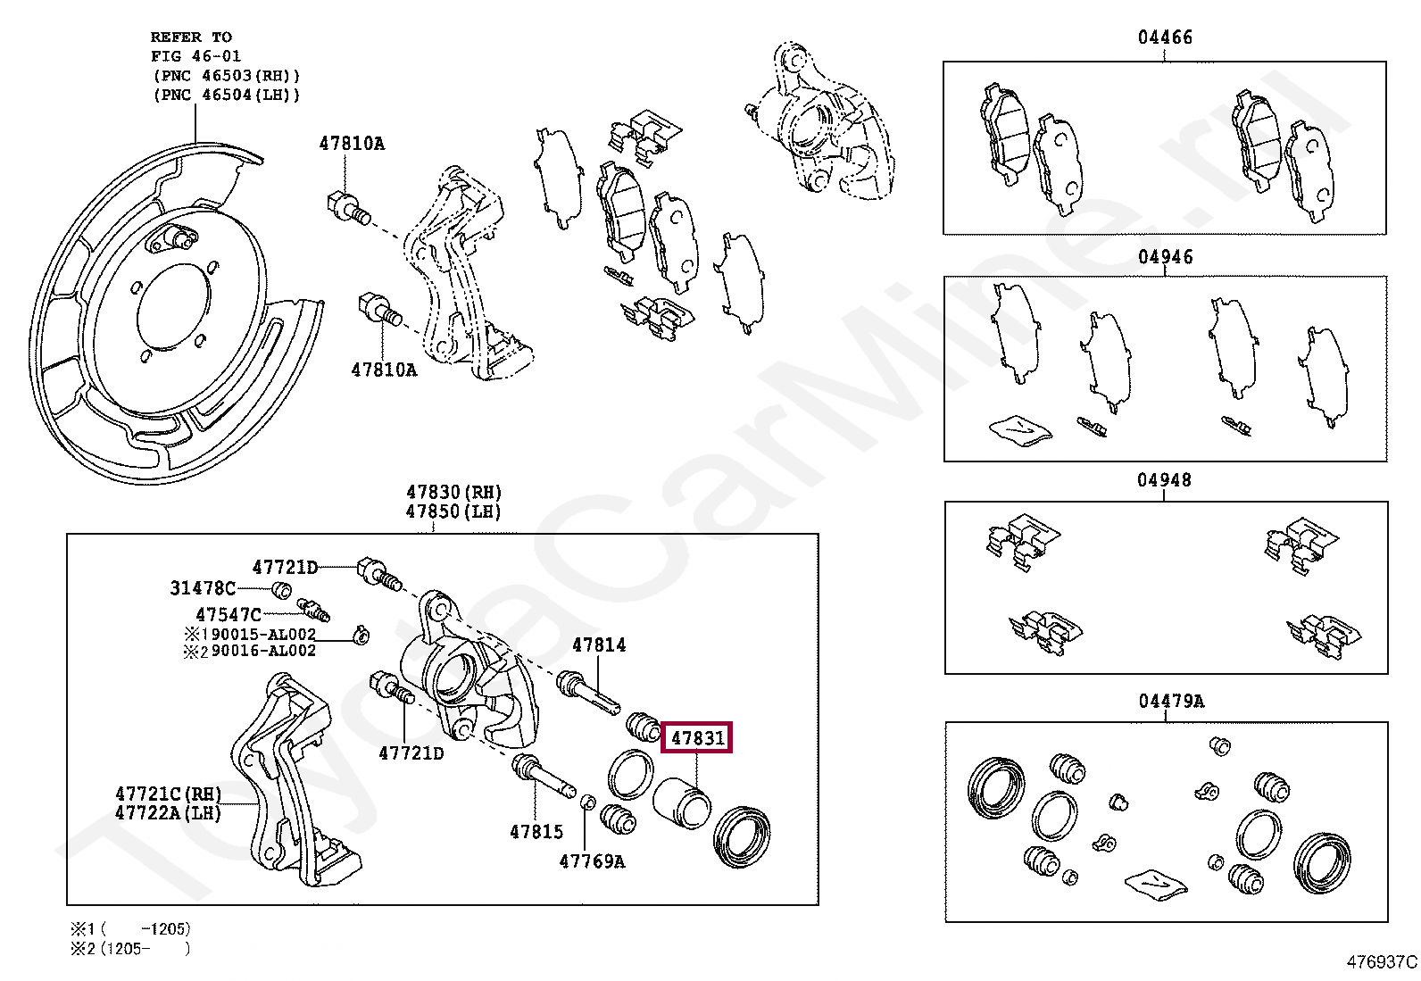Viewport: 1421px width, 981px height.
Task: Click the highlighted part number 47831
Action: tap(697, 738)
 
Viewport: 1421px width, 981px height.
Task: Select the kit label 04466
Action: tap(1164, 37)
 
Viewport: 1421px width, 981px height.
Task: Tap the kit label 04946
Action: tap(1165, 257)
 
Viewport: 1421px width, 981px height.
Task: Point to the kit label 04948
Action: tap(1164, 480)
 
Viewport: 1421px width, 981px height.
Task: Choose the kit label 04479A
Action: tap(1170, 701)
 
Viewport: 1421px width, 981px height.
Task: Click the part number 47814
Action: tap(599, 644)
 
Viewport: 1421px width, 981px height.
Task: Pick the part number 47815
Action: tap(536, 832)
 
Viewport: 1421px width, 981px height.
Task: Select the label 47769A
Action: tap(592, 861)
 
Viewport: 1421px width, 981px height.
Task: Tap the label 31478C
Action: tap(203, 588)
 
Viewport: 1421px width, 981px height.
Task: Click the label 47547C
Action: tap(229, 615)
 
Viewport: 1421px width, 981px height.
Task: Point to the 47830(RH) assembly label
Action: tap(453, 492)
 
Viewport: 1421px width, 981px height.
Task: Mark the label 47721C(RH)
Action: tap(169, 794)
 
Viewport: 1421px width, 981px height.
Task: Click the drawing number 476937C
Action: tap(1382, 962)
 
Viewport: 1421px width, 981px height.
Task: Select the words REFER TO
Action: tap(191, 37)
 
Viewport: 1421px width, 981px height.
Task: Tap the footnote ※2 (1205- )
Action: tap(130, 949)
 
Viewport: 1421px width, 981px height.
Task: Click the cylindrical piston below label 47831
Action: tap(681, 801)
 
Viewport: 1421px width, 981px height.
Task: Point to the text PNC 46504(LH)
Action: tap(227, 95)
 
